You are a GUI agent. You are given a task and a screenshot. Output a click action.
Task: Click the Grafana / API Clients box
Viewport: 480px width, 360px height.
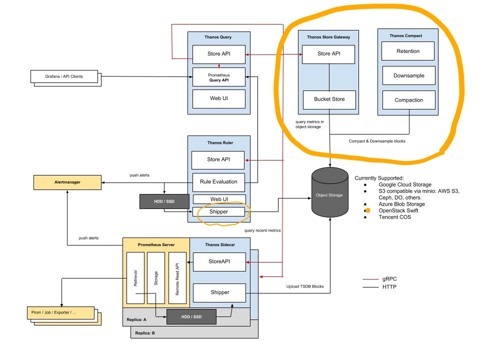pos(64,76)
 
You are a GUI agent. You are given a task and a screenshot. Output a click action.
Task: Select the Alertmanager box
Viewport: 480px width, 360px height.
pos(67,182)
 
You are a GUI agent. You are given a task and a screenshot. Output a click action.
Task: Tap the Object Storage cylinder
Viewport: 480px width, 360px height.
pos(329,192)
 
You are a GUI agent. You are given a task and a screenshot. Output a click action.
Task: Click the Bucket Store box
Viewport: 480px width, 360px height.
pos(329,100)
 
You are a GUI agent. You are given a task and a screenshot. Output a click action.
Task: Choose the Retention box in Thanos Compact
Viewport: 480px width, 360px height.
pos(408,51)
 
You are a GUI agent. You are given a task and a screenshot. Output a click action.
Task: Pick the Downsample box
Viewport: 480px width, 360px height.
pos(408,75)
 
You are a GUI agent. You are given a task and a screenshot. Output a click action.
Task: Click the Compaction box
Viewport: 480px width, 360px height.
pos(408,100)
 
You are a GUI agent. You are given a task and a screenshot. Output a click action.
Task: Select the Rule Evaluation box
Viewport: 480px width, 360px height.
pos(218,182)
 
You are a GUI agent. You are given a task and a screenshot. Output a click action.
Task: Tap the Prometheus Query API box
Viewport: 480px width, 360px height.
pos(219,77)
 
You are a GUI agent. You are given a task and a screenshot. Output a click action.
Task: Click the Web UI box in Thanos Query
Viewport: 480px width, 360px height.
pos(219,99)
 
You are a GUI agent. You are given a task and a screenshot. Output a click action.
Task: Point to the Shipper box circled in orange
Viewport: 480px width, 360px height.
pos(218,212)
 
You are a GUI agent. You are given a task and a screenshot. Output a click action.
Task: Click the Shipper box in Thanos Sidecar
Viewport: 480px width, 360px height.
pos(219,292)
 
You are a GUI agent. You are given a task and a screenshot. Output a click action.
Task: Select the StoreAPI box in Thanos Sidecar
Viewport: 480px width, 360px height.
pos(219,261)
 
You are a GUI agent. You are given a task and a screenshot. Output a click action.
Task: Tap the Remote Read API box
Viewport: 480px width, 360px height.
pos(177,278)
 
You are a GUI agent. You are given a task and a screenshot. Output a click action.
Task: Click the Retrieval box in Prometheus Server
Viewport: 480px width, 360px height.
pos(135,278)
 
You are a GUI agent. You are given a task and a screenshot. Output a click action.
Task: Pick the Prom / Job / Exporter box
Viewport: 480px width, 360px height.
pos(60,313)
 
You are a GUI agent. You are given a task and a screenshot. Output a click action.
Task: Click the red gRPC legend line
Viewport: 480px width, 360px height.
pos(370,279)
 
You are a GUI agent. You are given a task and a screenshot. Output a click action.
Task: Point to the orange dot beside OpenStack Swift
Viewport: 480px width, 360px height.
pos(367,210)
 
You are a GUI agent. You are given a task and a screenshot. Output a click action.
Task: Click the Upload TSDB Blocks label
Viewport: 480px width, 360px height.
pos(305,286)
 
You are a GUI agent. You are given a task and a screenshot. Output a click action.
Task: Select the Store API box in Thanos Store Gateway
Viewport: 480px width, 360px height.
pos(328,54)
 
